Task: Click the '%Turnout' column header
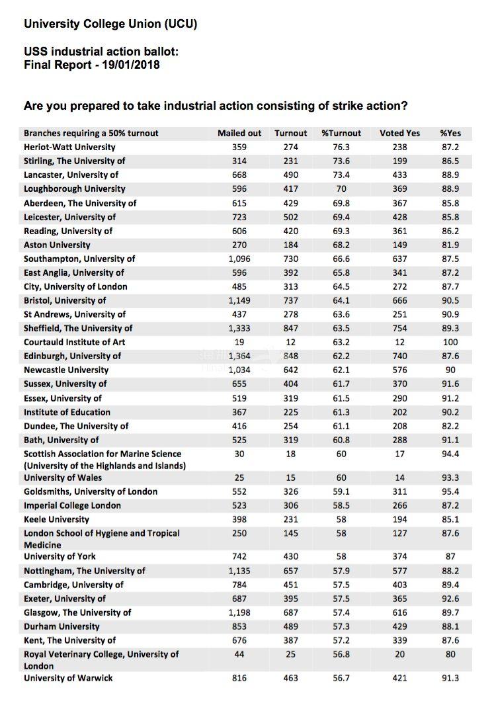click(341, 133)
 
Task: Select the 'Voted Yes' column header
click(399, 133)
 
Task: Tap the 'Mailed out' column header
click(239, 133)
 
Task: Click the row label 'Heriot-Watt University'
click(69, 147)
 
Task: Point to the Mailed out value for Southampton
click(239, 259)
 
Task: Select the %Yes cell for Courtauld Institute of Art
click(450, 342)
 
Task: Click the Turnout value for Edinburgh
click(291, 356)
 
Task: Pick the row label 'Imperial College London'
click(73, 505)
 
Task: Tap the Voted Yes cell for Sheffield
click(399, 328)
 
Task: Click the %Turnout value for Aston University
click(341, 245)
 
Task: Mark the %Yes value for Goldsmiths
click(450, 491)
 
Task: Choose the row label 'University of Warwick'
click(68, 677)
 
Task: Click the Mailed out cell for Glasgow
click(239, 612)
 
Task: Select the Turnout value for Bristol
click(291, 300)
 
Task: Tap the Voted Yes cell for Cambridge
click(399, 585)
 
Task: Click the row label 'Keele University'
click(56, 519)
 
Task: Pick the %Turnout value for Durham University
click(341, 626)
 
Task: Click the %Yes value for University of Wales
click(450, 478)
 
